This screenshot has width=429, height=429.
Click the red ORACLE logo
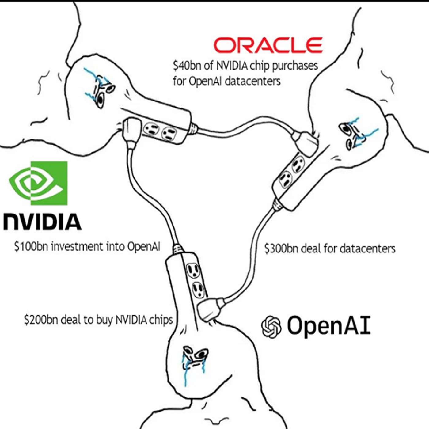[x=268, y=45]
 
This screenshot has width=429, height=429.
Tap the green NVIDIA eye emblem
[x=38, y=183]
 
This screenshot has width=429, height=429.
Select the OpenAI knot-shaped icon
[x=271, y=327]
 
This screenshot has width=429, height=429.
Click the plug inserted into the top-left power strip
[x=131, y=130]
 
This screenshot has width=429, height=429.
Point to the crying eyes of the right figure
[x=352, y=135]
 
